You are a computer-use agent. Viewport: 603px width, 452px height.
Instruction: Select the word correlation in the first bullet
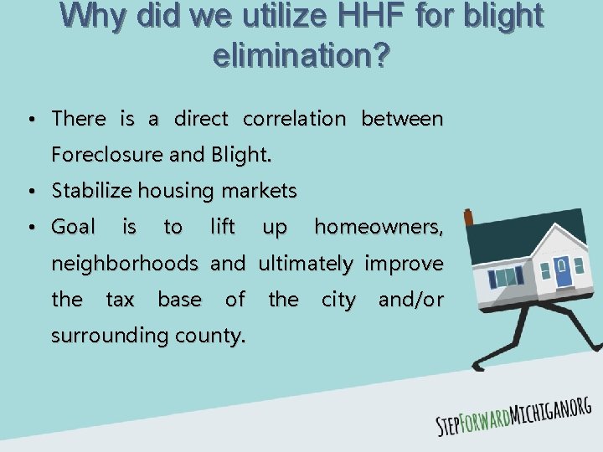[x=293, y=119]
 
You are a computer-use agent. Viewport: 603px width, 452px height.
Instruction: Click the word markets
[x=259, y=191]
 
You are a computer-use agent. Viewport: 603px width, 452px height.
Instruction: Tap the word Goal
[x=74, y=227]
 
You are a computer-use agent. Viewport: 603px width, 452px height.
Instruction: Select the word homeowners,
[x=378, y=227]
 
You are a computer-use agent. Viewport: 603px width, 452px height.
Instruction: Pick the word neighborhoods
[x=125, y=264]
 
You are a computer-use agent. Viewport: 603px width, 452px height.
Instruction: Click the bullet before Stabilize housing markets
[x=30, y=192]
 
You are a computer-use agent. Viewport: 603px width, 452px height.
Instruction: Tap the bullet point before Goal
[x=30, y=228]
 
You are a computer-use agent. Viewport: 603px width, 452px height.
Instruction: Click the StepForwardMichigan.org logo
[x=513, y=415]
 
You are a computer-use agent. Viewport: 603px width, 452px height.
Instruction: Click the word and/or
[x=410, y=300]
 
